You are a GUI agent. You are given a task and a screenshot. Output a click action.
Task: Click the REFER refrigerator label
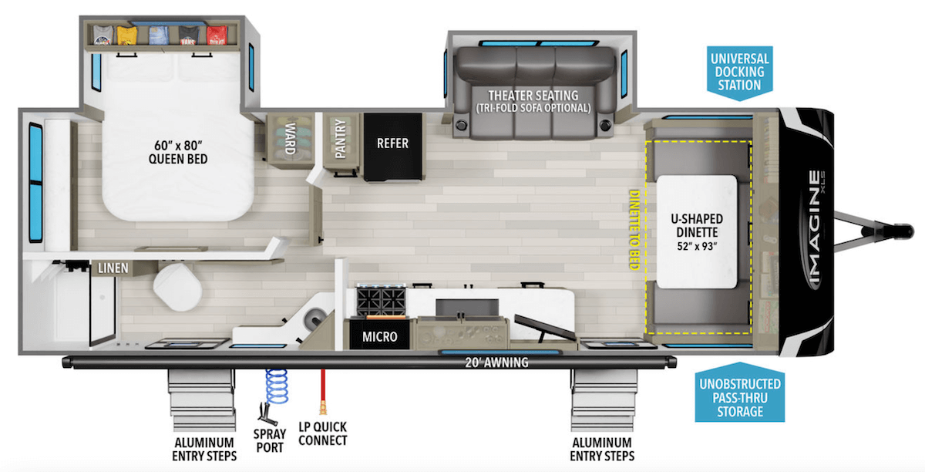(392, 143)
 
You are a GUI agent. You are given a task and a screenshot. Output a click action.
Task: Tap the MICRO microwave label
(379, 336)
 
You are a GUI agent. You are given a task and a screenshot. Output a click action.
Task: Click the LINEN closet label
(112, 268)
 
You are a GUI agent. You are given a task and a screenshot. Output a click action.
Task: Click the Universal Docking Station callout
(738, 72)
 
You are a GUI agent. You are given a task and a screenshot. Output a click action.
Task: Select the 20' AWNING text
(496, 362)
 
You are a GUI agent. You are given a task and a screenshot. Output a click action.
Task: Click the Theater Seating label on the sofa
(537, 101)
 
